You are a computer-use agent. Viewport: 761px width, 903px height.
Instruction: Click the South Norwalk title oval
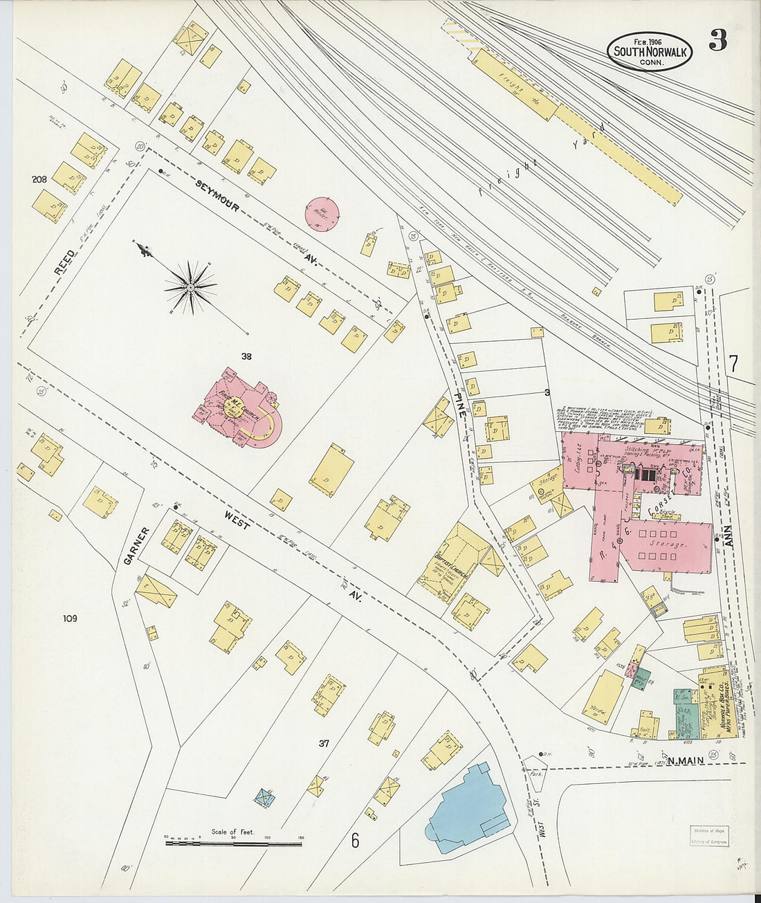(649, 51)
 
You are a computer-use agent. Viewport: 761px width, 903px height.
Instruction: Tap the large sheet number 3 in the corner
(717, 42)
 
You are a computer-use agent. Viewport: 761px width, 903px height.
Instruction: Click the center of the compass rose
(190, 286)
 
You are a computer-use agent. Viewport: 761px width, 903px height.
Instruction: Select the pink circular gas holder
(322, 215)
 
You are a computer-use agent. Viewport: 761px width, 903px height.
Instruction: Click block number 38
(246, 356)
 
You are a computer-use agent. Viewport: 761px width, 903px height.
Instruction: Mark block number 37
(323, 743)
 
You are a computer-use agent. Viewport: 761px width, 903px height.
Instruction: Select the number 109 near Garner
(69, 619)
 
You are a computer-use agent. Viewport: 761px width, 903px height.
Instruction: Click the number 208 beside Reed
(39, 179)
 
